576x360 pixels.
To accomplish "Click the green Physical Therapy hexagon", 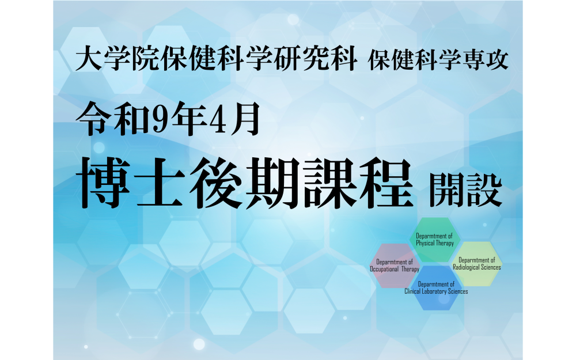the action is pos(435,240).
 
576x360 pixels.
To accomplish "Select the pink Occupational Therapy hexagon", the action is pos(395,266).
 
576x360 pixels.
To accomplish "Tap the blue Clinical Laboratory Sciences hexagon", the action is pos(436,288).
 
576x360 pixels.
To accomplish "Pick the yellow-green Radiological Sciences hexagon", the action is pos(477,264).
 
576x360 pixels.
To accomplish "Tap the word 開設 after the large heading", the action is pos(466,190).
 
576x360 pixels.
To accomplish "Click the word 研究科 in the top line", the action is pos(316,59).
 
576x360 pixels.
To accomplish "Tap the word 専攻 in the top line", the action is pos(486,59).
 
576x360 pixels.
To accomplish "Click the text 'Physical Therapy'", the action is pos(435,243).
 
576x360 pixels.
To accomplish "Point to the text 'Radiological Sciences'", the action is pos(477,267).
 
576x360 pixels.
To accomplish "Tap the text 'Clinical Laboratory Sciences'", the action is pos(436,291).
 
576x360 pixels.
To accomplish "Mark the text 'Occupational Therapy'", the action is pos(395,269).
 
